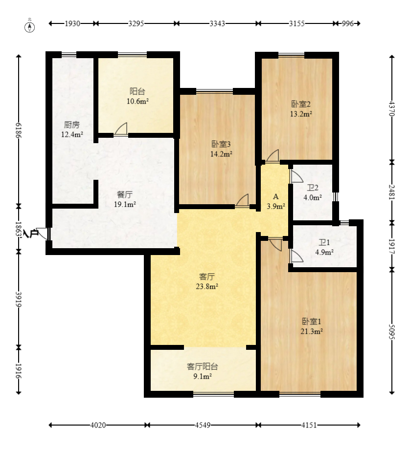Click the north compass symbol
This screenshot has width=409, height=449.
click(x=29, y=26)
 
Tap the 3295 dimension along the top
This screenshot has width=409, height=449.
click(x=136, y=23)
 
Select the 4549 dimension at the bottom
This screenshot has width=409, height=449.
click(x=203, y=425)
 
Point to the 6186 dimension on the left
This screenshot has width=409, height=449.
click(x=19, y=130)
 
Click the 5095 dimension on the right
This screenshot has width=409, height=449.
click(x=392, y=332)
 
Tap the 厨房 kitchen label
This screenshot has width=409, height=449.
click(x=72, y=125)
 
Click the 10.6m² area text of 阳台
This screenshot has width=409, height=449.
click(x=137, y=101)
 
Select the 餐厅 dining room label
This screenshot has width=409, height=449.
click(x=125, y=195)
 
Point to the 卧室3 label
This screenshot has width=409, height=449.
click(x=221, y=144)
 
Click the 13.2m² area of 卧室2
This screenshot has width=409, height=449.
click(x=301, y=114)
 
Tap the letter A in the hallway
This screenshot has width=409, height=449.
click(x=275, y=197)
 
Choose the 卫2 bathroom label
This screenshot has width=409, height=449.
click(x=313, y=188)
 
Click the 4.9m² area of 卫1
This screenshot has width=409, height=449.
click(x=324, y=252)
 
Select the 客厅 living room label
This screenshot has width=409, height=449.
click(x=207, y=277)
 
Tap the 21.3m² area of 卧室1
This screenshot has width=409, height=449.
click(x=312, y=331)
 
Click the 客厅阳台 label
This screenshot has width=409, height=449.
click(x=203, y=366)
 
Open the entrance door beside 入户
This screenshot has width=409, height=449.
click(x=43, y=234)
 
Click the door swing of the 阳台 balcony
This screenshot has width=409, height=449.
click(x=121, y=129)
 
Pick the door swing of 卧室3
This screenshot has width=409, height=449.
click(x=242, y=200)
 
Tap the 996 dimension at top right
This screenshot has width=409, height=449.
click(x=348, y=23)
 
